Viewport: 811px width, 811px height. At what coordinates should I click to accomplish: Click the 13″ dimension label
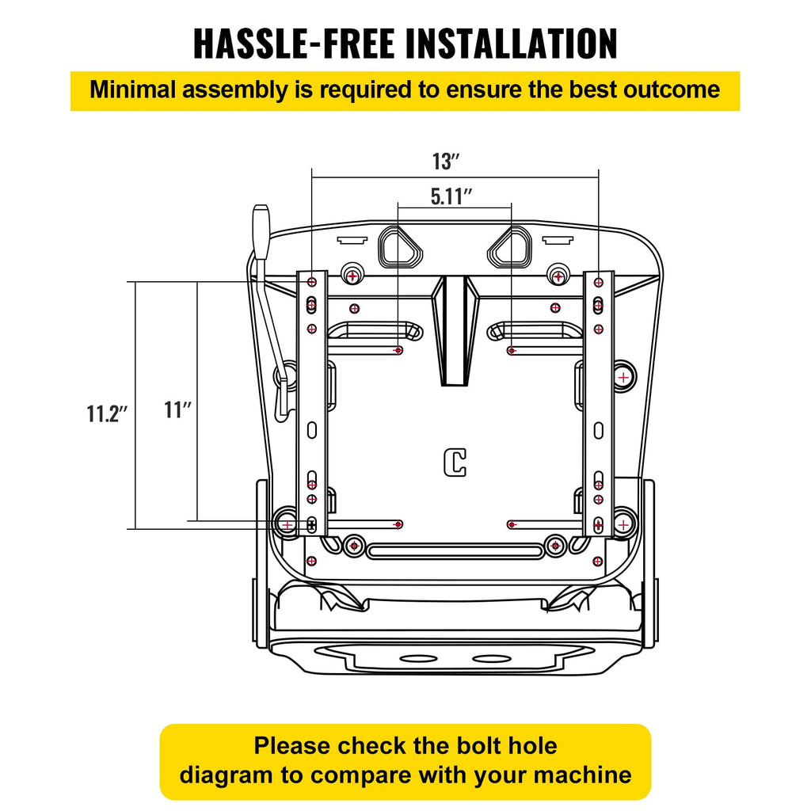[x=446, y=162]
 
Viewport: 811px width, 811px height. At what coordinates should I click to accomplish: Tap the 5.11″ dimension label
[x=451, y=196]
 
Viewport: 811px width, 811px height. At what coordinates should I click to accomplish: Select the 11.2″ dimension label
[x=107, y=413]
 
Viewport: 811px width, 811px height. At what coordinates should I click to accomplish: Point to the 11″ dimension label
[x=178, y=409]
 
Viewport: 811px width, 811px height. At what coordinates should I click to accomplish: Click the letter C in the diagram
[x=455, y=463]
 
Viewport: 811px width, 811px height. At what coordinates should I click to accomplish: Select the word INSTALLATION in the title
[x=512, y=44]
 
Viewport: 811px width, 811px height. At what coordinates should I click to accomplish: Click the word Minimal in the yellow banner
[x=133, y=89]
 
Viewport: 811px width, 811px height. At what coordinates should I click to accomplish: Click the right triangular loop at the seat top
[x=509, y=248]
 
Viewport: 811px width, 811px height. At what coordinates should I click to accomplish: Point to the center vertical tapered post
[x=455, y=331]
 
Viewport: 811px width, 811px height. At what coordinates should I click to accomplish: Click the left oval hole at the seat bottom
[x=418, y=659]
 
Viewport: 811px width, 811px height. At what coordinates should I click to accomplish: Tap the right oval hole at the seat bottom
[x=492, y=659]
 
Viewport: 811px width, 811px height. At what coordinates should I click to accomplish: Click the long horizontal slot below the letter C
[x=455, y=551]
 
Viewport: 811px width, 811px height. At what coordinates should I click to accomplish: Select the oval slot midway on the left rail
[x=312, y=430]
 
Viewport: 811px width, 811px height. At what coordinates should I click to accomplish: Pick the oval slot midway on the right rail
[x=599, y=430]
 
